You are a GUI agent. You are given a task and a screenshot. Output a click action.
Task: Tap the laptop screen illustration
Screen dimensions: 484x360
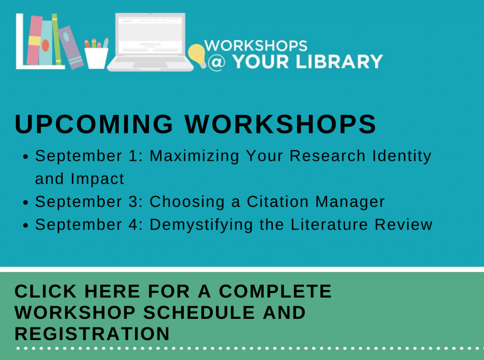tap(150, 35)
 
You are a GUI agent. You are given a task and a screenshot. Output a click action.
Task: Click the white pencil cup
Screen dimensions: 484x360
tap(96, 58)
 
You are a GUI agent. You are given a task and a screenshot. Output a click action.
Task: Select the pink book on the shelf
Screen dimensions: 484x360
tap(34, 40)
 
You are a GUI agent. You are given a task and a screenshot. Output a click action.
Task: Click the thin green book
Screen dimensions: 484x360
tap(57, 39)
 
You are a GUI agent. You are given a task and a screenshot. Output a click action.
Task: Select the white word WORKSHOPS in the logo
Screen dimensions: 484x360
tap(256, 46)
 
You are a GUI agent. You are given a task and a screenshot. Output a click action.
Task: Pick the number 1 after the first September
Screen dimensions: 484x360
tap(133, 156)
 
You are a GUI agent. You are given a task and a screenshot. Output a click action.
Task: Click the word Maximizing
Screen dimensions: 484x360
tap(194, 156)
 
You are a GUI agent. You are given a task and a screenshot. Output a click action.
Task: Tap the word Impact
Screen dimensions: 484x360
tap(97, 179)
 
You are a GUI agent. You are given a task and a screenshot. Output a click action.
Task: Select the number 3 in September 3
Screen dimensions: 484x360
tap(133, 202)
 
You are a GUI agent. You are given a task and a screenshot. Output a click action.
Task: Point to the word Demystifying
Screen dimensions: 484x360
tap(201, 225)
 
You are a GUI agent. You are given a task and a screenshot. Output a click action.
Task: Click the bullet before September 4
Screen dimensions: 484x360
tap(26, 226)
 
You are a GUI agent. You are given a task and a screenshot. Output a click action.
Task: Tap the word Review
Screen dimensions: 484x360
tap(404, 224)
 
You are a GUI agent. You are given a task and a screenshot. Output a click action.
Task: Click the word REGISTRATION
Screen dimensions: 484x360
tap(92, 334)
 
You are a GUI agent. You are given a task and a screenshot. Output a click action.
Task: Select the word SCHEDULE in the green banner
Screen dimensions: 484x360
tap(199, 312)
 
